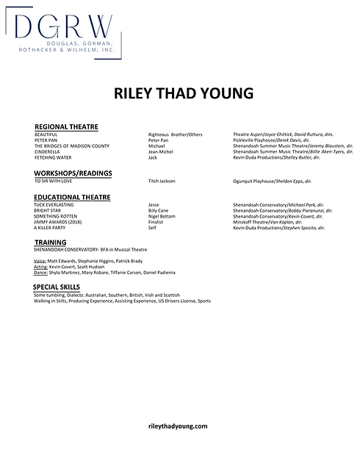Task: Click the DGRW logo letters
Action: [62, 29]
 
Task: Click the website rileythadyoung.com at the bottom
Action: [178, 426]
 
